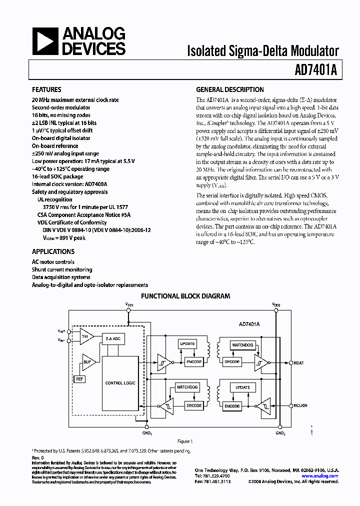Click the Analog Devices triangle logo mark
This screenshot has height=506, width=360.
[x=45, y=41]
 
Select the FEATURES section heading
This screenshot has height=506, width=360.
[x=46, y=90]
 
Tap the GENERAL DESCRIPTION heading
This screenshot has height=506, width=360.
[x=229, y=90]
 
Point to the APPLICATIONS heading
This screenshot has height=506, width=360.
[x=53, y=252]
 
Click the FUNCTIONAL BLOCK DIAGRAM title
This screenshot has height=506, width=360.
[x=185, y=296]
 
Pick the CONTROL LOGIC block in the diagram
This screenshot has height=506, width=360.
[x=120, y=383]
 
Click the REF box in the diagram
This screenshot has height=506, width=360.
[x=79, y=379]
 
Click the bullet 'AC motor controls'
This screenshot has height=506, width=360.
[x=53, y=262]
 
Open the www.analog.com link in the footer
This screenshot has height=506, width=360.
[x=321, y=476]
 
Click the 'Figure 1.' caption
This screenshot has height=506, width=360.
[x=184, y=441]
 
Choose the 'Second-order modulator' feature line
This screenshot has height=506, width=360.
[x=61, y=107]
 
